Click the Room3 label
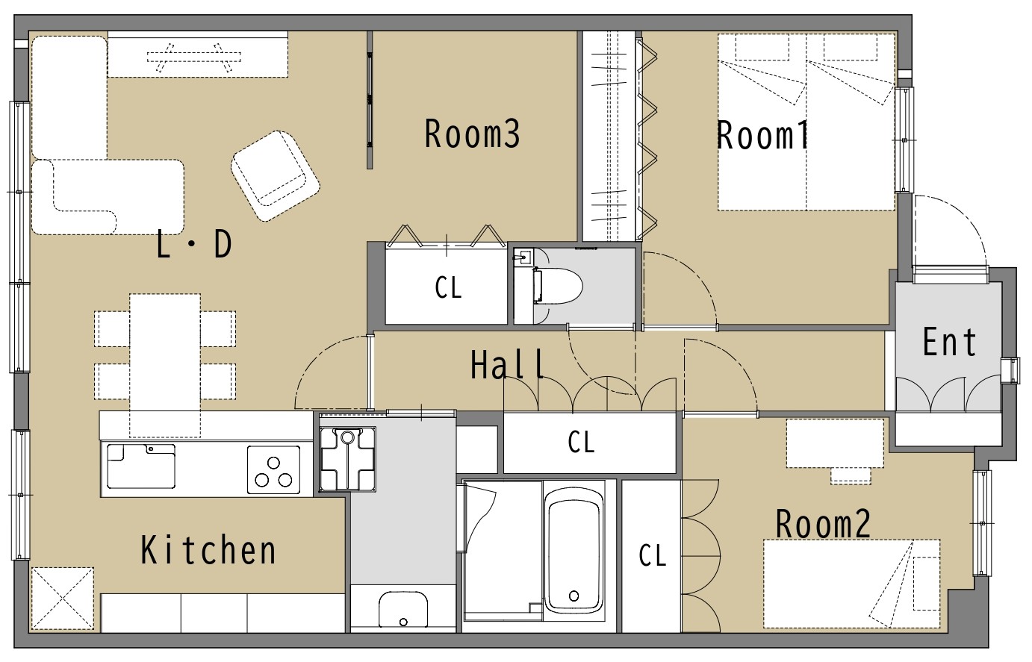[472, 134]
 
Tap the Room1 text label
[762, 135]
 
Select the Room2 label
[824, 523]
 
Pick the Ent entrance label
[950, 342]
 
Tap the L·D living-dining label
[194, 245]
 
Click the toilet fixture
[557, 286]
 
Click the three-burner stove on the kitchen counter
[273, 469]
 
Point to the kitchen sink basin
[141, 466]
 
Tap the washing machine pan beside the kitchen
[348, 459]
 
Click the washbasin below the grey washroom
[403, 610]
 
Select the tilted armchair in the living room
[276, 176]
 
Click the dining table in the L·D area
[165, 365]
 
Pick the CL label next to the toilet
[448, 288]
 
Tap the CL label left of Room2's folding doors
[653, 555]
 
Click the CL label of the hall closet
[581, 443]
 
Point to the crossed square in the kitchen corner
[63, 599]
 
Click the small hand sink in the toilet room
[523, 257]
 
